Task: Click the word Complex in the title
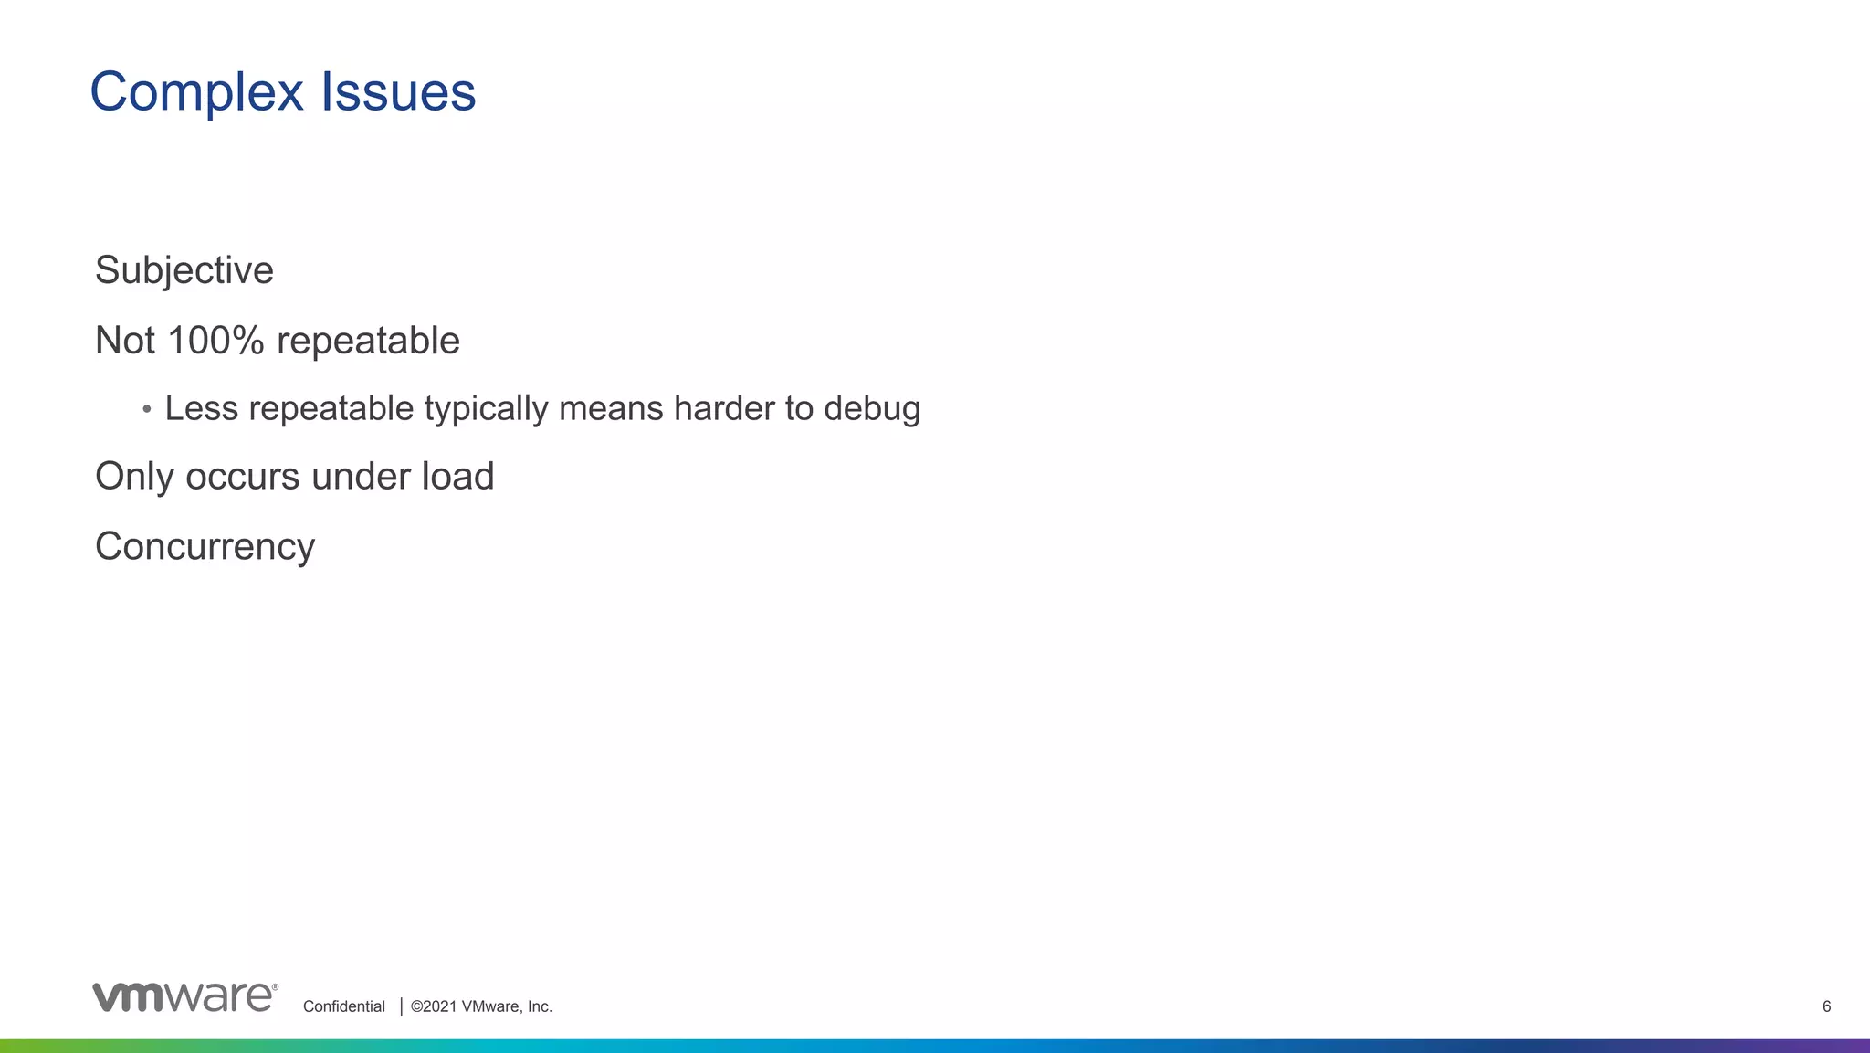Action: pyautogui.click(x=196, y=93)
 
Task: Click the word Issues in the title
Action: pyautogui.click(x=397, y=93)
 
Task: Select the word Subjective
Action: pyautogui.click(x=184, y=270)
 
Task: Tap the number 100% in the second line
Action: pyautogui.click(x=216, y=341)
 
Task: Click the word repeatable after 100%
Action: pyautogui.click(x=368, y=341)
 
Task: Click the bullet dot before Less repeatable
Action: pyautogui.click(x=147, y=409)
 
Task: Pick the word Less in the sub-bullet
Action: pyautogui.click(x=201, y=408)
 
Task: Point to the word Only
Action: pyautogui.click(x=133, y=476)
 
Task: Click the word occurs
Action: pyautogui.click(x=242, y=476)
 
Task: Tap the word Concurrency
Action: pyautogui.click(x=205, y=547)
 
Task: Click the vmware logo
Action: pyautogui.click(x=184, y=997)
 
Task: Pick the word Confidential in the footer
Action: pyautogui.click(x=344, y=1006)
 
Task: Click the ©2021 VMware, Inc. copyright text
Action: pyautogui.click(x=481, y=1006)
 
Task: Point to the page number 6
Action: pyautogui.click(x=1826, y=1006)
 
